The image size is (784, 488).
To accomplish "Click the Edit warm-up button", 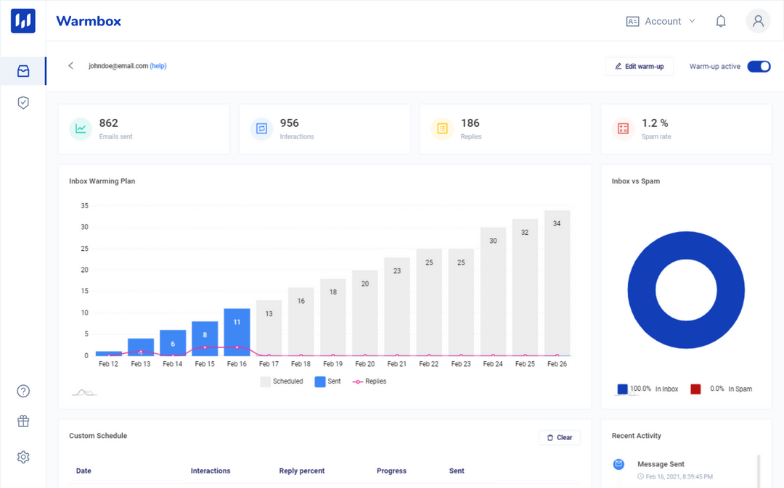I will click(x=640, y=66).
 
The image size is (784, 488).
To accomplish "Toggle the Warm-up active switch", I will click(x=759, y=66).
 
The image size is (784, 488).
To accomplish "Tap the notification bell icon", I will click(x=721, y=21).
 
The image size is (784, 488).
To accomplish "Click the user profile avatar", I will click(x=758, y=21).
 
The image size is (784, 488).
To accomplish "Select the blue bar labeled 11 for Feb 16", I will click(x=237, y=332).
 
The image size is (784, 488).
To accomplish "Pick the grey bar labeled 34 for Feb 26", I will click(x=557, y=283).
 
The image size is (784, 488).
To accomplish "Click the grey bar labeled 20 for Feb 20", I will click(x=364, y=313).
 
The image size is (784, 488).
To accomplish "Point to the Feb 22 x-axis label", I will click(x=429, y=364).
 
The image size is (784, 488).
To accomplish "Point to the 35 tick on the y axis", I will click(x=84, y=206).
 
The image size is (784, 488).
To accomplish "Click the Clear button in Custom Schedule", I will click(x=559, y=437).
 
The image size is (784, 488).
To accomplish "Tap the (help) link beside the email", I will click(x=158, y=66).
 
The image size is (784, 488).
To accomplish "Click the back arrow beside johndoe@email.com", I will click(x=70, y=66).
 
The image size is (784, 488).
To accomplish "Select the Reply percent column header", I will click(x=302, y=471).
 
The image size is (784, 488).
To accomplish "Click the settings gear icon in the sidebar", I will click(x=23, y=457).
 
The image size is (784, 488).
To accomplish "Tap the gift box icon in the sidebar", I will click(x=23, y=421).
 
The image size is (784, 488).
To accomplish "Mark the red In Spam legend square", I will click(x=695, y=389).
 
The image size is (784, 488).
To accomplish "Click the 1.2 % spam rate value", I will click(x=655, y=123).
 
